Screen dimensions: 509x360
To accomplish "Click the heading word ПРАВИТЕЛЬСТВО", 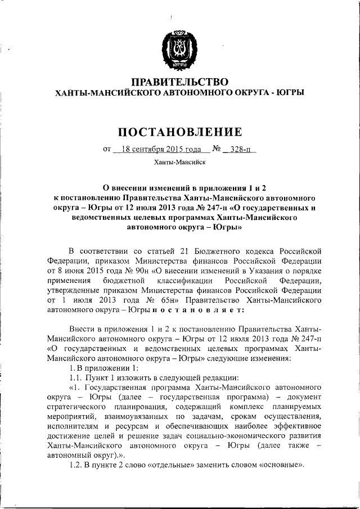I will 179,83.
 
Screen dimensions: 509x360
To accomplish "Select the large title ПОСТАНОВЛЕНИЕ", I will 179,132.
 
